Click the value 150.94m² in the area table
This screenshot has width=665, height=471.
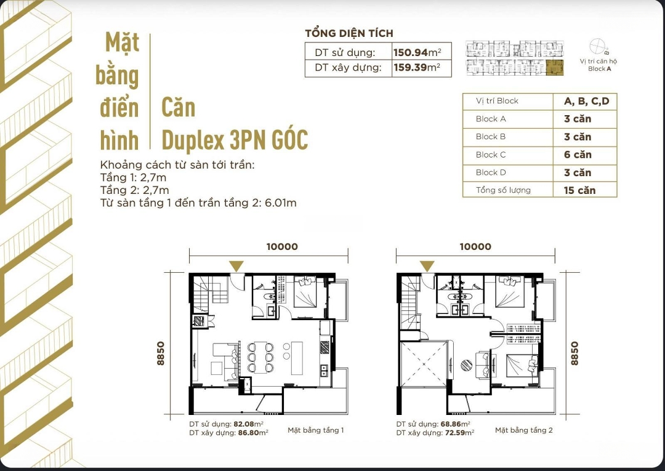tap(417, 52)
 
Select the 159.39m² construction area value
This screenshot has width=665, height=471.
tap(417, 67)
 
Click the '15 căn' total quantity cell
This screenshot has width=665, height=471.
tap(580, 190)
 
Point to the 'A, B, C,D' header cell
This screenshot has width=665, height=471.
tap(587, 102)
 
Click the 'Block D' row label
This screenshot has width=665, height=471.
tap(491, 172)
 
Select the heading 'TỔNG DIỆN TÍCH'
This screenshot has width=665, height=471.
tap(349, 33)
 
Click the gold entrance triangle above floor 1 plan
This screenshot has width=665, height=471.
tap(236, 266)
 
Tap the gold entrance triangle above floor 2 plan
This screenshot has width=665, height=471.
tap(427, 266)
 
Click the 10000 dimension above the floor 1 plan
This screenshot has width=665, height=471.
tap(282, 247)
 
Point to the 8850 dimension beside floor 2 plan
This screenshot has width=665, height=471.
tap(574, 353)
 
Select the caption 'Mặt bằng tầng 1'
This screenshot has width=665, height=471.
tap(315, 430)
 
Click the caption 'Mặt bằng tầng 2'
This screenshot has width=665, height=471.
tap(524, 430)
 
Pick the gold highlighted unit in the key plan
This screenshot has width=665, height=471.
tap(555, 68)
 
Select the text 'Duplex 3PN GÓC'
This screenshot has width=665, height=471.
tap(235, 140)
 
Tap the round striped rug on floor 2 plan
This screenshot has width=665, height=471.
tap(467, 366)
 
